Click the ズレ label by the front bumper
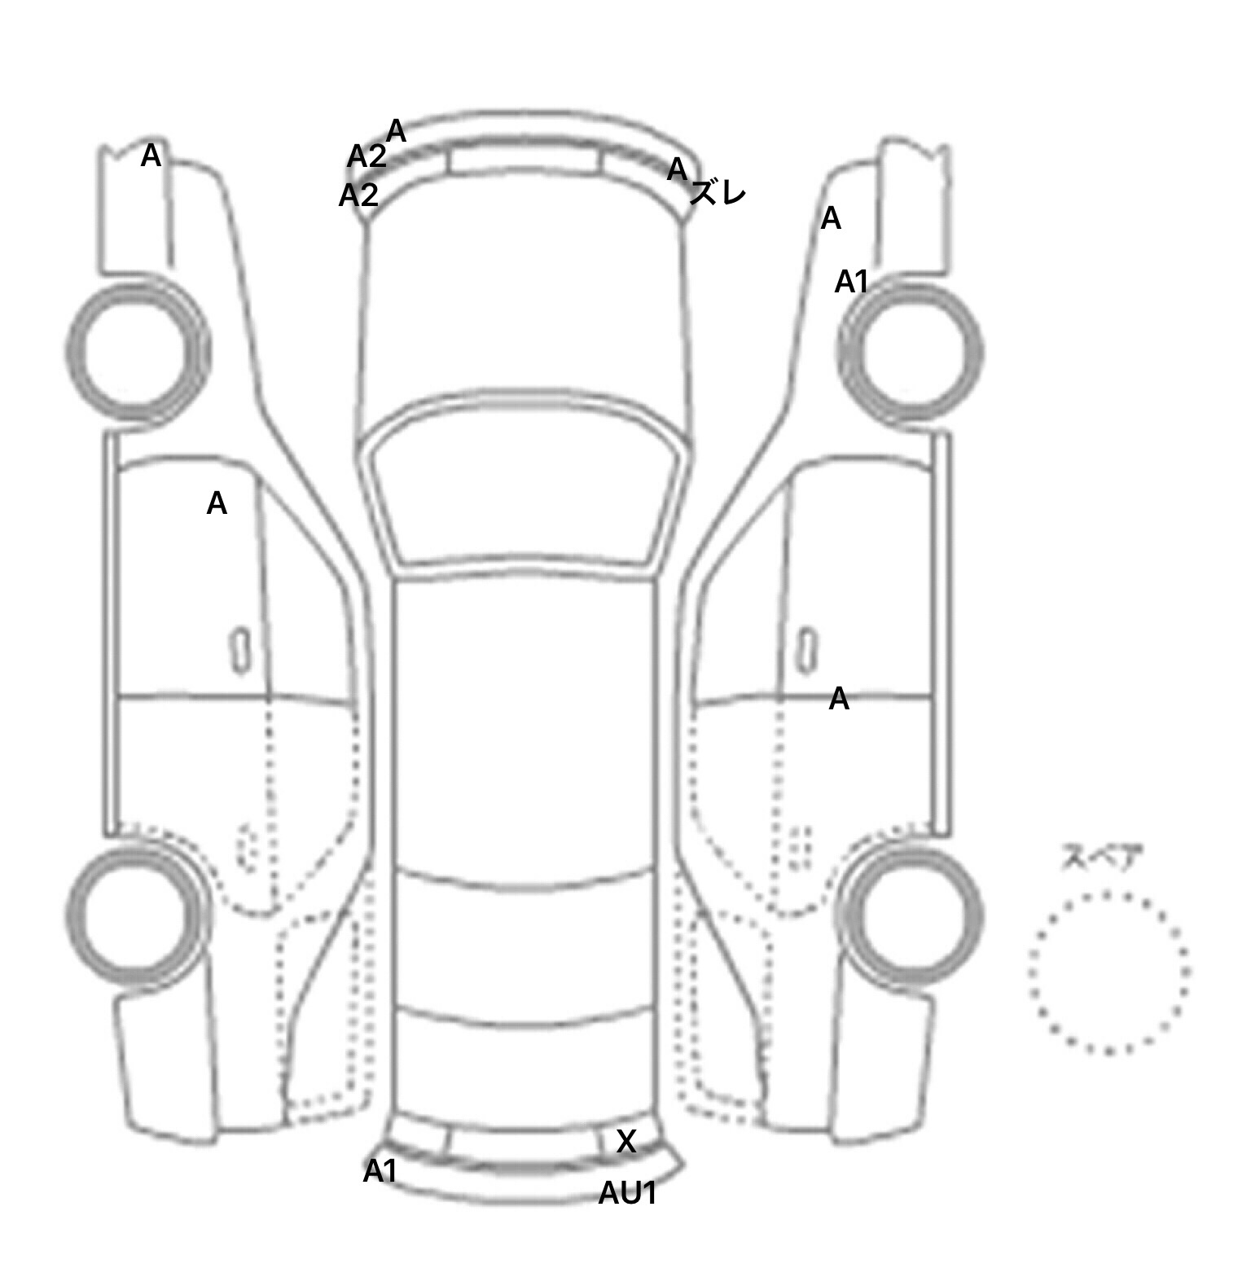click(718, 194)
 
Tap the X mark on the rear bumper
click(625, 1142)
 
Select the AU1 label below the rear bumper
click(627, 1193)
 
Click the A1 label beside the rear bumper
click(380, 1171)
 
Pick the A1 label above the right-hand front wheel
click(852, 282)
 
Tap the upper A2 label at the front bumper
click(367, 156)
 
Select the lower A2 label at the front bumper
click(358, 195)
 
